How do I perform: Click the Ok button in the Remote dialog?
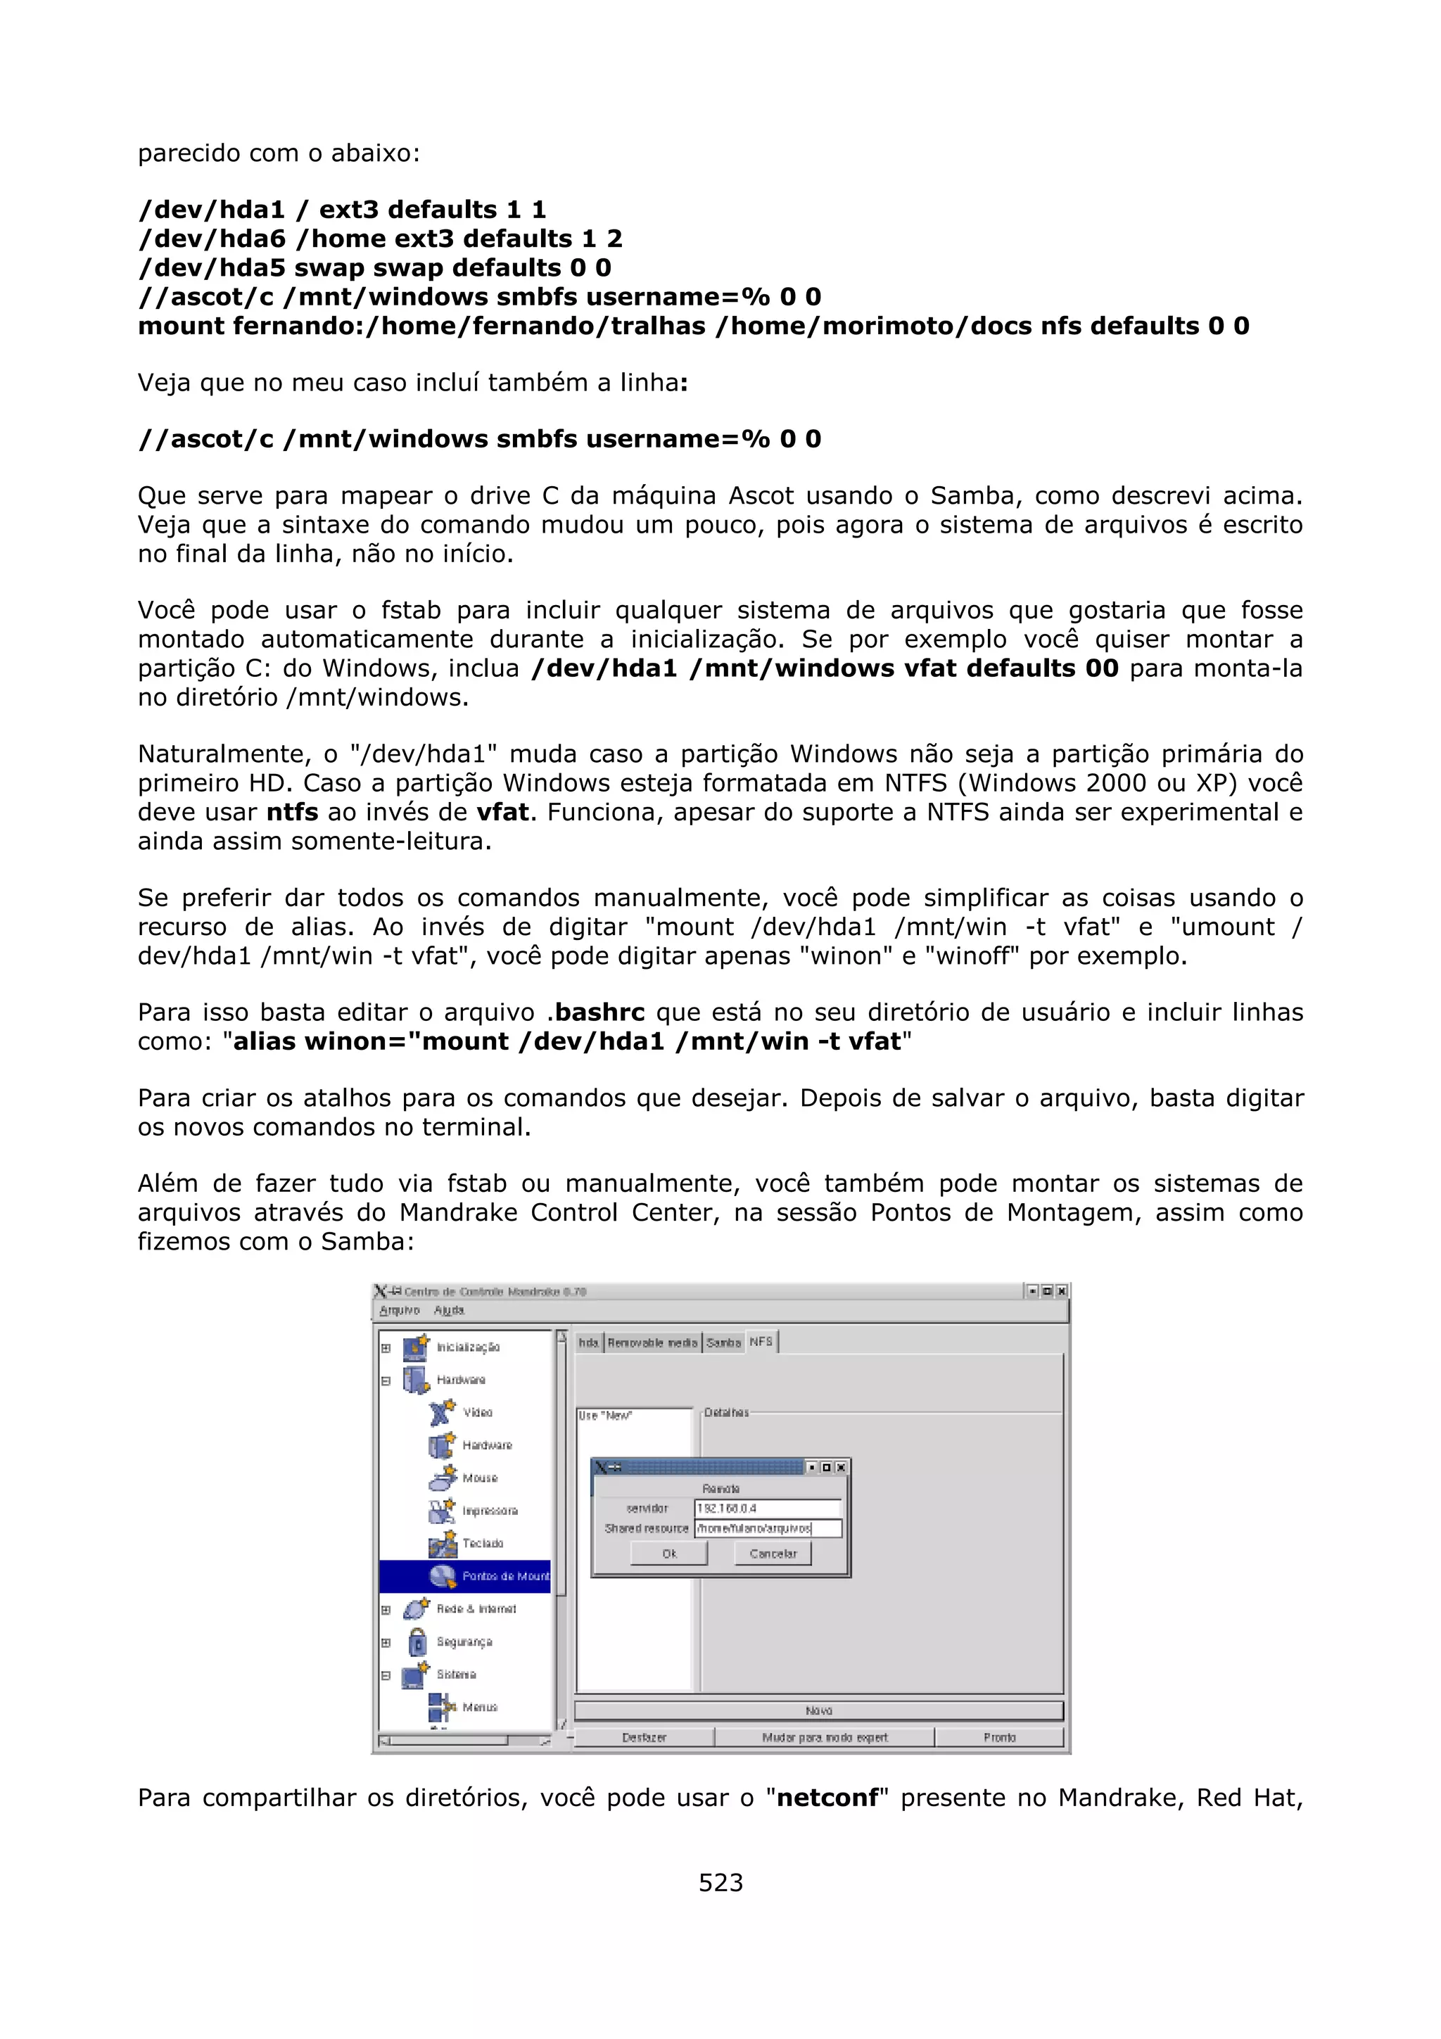668,1554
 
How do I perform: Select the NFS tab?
761,1342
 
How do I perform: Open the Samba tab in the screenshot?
723,1342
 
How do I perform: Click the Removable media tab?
652,1342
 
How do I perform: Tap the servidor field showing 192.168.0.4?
767,1508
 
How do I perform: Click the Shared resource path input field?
767,1528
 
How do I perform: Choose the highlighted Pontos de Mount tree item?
504,1575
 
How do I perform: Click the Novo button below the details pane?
818,1710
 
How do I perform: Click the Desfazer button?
644,1737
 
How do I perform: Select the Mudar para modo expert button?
824,1737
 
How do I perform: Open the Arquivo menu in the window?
399,1310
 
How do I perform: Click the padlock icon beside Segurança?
417,1642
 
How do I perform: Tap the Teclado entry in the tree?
482,1544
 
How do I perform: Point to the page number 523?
720,1882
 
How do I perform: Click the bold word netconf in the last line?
827,1798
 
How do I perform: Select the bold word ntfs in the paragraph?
292,812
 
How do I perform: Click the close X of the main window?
1061,1291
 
